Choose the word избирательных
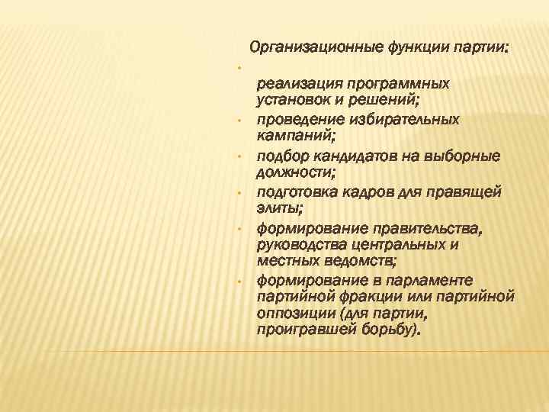(405, 119)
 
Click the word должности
(289, 173)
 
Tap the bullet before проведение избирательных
(239, 120)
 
